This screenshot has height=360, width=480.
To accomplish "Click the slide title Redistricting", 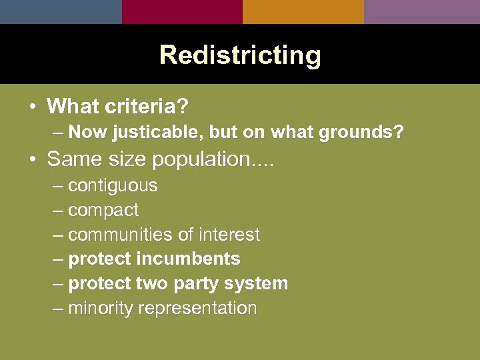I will (240, 55).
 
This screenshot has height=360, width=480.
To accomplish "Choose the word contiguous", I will (113, 185).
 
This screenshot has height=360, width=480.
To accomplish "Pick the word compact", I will (103, 210).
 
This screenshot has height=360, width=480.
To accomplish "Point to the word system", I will (256, 283).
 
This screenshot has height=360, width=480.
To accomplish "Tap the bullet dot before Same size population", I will (33, 160).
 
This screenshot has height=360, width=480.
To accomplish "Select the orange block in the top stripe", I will (303, 11).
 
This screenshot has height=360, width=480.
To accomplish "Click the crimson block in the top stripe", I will (182, 11).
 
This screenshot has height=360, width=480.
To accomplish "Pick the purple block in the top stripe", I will (422, 11).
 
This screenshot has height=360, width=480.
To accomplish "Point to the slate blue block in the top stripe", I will (61, 11).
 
